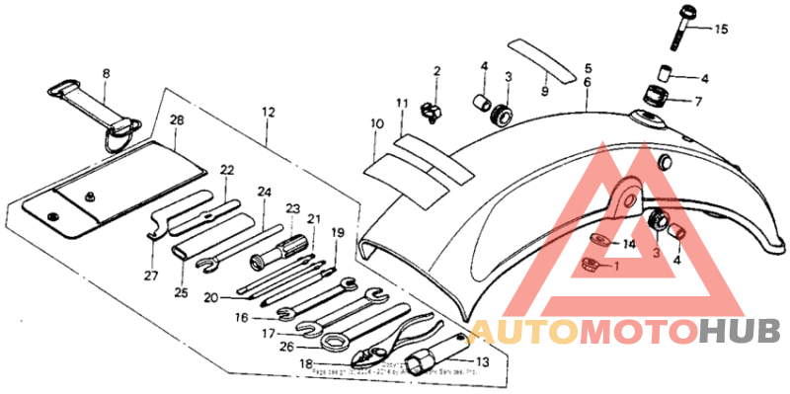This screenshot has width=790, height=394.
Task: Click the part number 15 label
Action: coord(721,30)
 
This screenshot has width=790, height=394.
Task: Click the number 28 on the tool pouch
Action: coord(177,120)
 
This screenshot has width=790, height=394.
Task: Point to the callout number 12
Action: coord(269,114)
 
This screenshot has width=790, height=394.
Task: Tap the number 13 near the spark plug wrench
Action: coord(483,361)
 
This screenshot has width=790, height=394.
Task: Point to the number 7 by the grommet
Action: coord(698,101)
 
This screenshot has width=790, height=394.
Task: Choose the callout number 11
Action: coord(402,104)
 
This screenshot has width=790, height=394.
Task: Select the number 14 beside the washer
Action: coord(628,243)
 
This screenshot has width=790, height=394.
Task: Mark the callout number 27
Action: coord(152,276)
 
